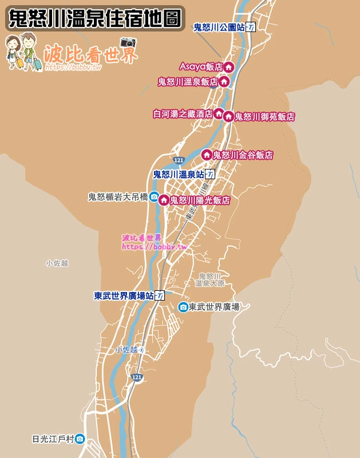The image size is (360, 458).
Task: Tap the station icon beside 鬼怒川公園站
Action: click(x=251, y=27)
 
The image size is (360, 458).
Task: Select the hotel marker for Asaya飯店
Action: click(x=228, y=67)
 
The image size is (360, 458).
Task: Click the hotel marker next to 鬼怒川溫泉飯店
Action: click(x=224, y=81)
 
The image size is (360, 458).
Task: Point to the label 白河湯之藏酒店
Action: click(x=183, y=114)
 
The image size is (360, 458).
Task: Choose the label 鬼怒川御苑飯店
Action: click(x=264, y=117)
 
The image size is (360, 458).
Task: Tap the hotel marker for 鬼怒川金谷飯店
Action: click(x=207, y=155)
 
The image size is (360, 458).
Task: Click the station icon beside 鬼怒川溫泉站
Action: click(x=210, y=174)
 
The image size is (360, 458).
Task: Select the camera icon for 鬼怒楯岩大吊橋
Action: click(x=154, y=197)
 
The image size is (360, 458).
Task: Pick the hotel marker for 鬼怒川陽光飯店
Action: click(x=164, y=200)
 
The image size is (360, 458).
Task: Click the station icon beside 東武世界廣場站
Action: click(x=160, y=296)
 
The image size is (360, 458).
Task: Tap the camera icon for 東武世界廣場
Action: click(x=183, y=307)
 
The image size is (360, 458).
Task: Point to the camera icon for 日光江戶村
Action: click(x=80, y=439)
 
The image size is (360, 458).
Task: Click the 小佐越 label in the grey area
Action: click(x=57, y=263)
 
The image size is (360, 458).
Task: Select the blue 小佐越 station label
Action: click(x=126, y=349)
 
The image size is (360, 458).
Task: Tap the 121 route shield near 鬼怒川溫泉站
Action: click(x=179, y=160)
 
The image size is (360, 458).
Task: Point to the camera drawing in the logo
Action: click(x=128, y=42)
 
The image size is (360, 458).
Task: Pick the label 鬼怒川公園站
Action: click(x=219, y=27)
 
